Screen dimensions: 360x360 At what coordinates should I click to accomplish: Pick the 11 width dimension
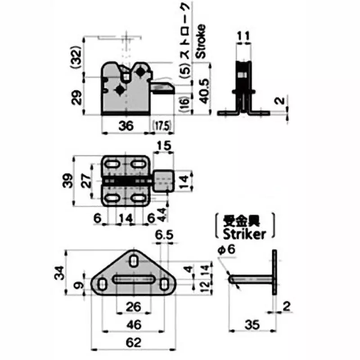pos(243,35)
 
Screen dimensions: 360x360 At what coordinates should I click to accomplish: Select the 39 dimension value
pos(65,181)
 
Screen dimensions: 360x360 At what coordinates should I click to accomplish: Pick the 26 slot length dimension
pos(133,306)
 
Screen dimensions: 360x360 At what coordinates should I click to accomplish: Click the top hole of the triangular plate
pos(134,260)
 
